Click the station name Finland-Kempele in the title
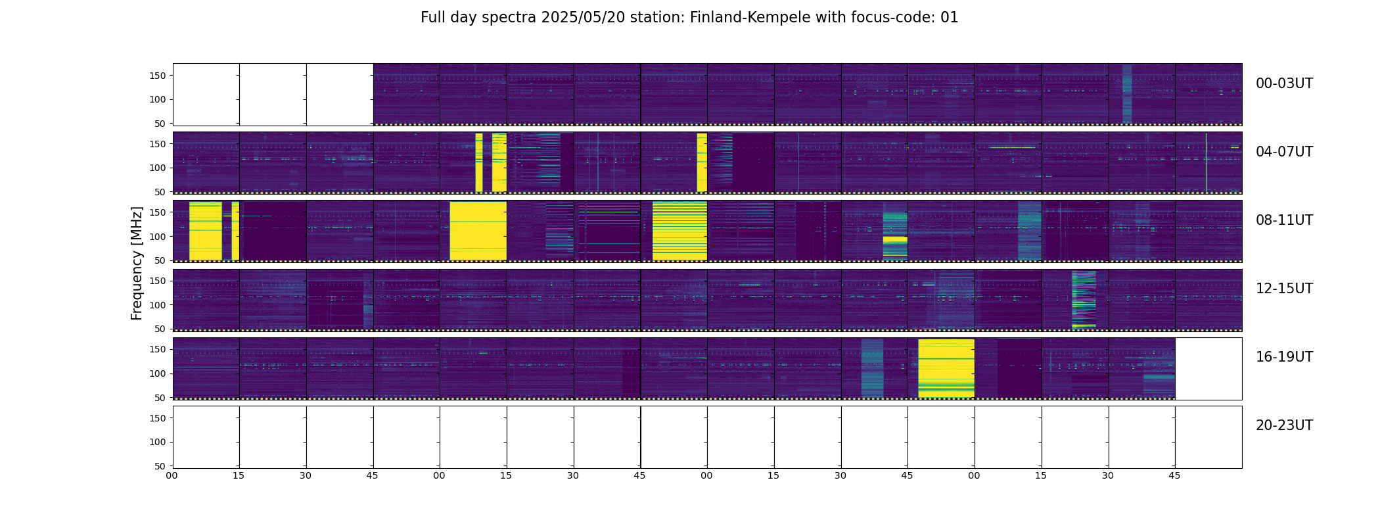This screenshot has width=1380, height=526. point(750,18)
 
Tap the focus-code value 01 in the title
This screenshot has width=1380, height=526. point(950,18)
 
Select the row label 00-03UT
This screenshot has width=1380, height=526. point(1284,84)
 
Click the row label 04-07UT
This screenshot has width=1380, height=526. point(1284,152)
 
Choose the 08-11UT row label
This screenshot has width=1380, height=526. point(1284,220)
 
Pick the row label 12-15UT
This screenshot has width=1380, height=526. point(1284,289)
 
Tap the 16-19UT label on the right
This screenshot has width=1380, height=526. point(1284,357)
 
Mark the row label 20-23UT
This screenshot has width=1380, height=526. point(1284,425)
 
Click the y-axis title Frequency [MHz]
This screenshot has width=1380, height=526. point(137,263)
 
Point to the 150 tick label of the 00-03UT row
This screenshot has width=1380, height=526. point(158,76)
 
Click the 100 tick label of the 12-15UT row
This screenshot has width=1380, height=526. point(158,305)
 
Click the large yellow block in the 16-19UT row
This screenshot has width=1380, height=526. point(946,368)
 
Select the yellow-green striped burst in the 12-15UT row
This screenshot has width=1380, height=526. point(1084,299)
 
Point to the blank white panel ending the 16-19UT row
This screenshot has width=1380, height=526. point(1208,368)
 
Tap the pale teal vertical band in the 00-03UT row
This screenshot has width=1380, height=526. point(1127,94)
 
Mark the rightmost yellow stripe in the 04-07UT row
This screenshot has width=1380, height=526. point(702,162)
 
